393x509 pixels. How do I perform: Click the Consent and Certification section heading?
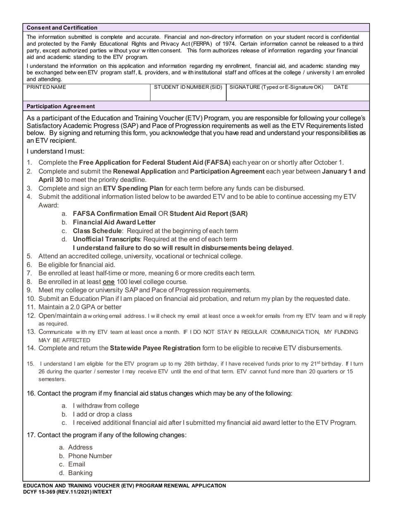tap(62, 28)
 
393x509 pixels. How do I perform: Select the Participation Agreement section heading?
tap(60, 106)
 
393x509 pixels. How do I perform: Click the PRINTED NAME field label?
tap(46, 87)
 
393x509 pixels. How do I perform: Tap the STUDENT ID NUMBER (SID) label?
tap(188, 87)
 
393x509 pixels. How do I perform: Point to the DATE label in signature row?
tap(340, 87)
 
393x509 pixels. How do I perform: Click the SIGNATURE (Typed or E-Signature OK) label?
tap(276, 87)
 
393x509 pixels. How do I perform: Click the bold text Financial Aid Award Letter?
tap(114, 222)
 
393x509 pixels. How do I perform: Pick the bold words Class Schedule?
tap(97, 231)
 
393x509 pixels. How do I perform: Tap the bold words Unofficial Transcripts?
tap(106, 239)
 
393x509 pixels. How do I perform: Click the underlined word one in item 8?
tap(108, 282)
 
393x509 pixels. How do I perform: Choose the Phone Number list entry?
tap(90, 456)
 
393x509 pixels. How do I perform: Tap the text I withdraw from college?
tap(106, 406)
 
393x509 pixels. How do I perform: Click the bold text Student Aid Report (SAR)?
tap(208, 214)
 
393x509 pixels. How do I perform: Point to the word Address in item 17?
tap(80, 447)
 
